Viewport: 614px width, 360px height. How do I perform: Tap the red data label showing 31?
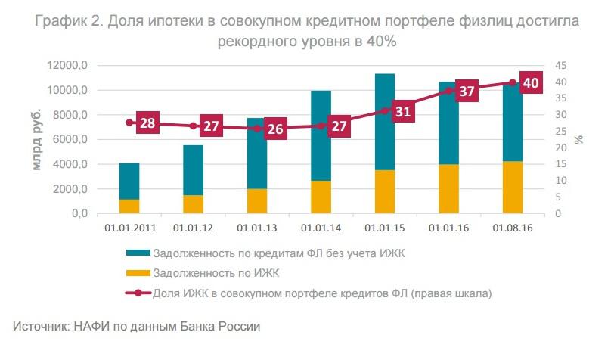pyautogui.click(x=403, y=111)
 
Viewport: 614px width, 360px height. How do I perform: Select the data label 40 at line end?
pyautogui.click(x=531, y=83)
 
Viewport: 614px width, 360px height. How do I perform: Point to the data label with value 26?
pyautogui.click(x=275, y=129)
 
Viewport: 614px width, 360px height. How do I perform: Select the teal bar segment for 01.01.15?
pyautogui.click(x=385, y=122)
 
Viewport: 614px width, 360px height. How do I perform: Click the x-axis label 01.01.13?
pyautogui.click(x=256, y=226)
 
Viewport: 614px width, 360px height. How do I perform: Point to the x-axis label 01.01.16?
pyautogui.click(x=448, y=226)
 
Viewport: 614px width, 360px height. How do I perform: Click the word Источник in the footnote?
pyautogui.click(x=39, y=327)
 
